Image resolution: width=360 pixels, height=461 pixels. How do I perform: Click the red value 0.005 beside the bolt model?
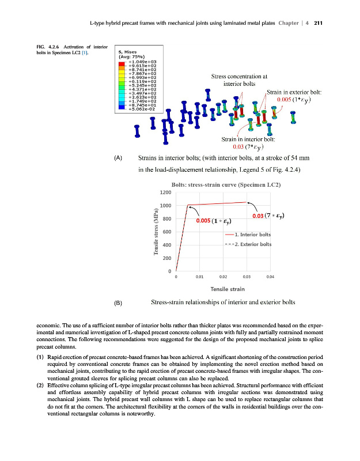coord(286,99)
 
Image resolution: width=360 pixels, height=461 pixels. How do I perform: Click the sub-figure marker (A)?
coord(119,157)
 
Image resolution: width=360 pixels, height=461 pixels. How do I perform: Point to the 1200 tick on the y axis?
coord(166,192)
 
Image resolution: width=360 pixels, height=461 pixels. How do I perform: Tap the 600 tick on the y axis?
coord(168,232)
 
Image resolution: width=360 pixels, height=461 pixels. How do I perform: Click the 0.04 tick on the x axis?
coord(271,277)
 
